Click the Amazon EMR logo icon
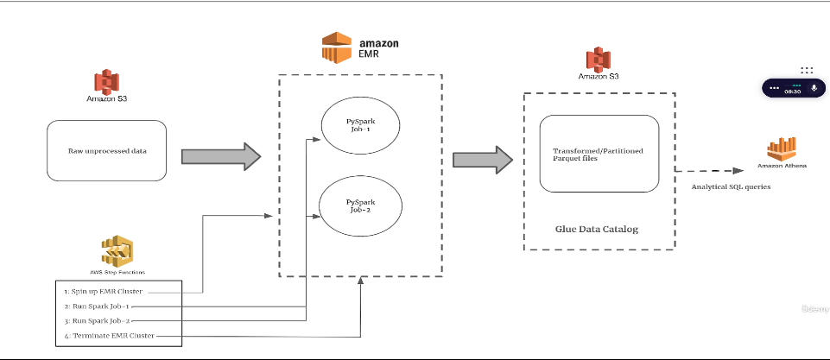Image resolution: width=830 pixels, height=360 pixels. pos(337,47)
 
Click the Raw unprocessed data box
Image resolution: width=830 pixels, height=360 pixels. pos(107,150)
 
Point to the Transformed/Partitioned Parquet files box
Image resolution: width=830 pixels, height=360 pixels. pos(599,153)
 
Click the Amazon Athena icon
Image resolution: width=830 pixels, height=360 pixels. pos(782,148)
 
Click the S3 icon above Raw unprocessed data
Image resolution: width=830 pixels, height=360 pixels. pos(106,82)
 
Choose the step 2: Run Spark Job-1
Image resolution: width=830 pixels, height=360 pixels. pos(97,306)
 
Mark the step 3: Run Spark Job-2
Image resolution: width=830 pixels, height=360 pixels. pos(97,319)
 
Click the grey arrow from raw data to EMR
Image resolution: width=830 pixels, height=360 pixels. pos(221,155)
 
